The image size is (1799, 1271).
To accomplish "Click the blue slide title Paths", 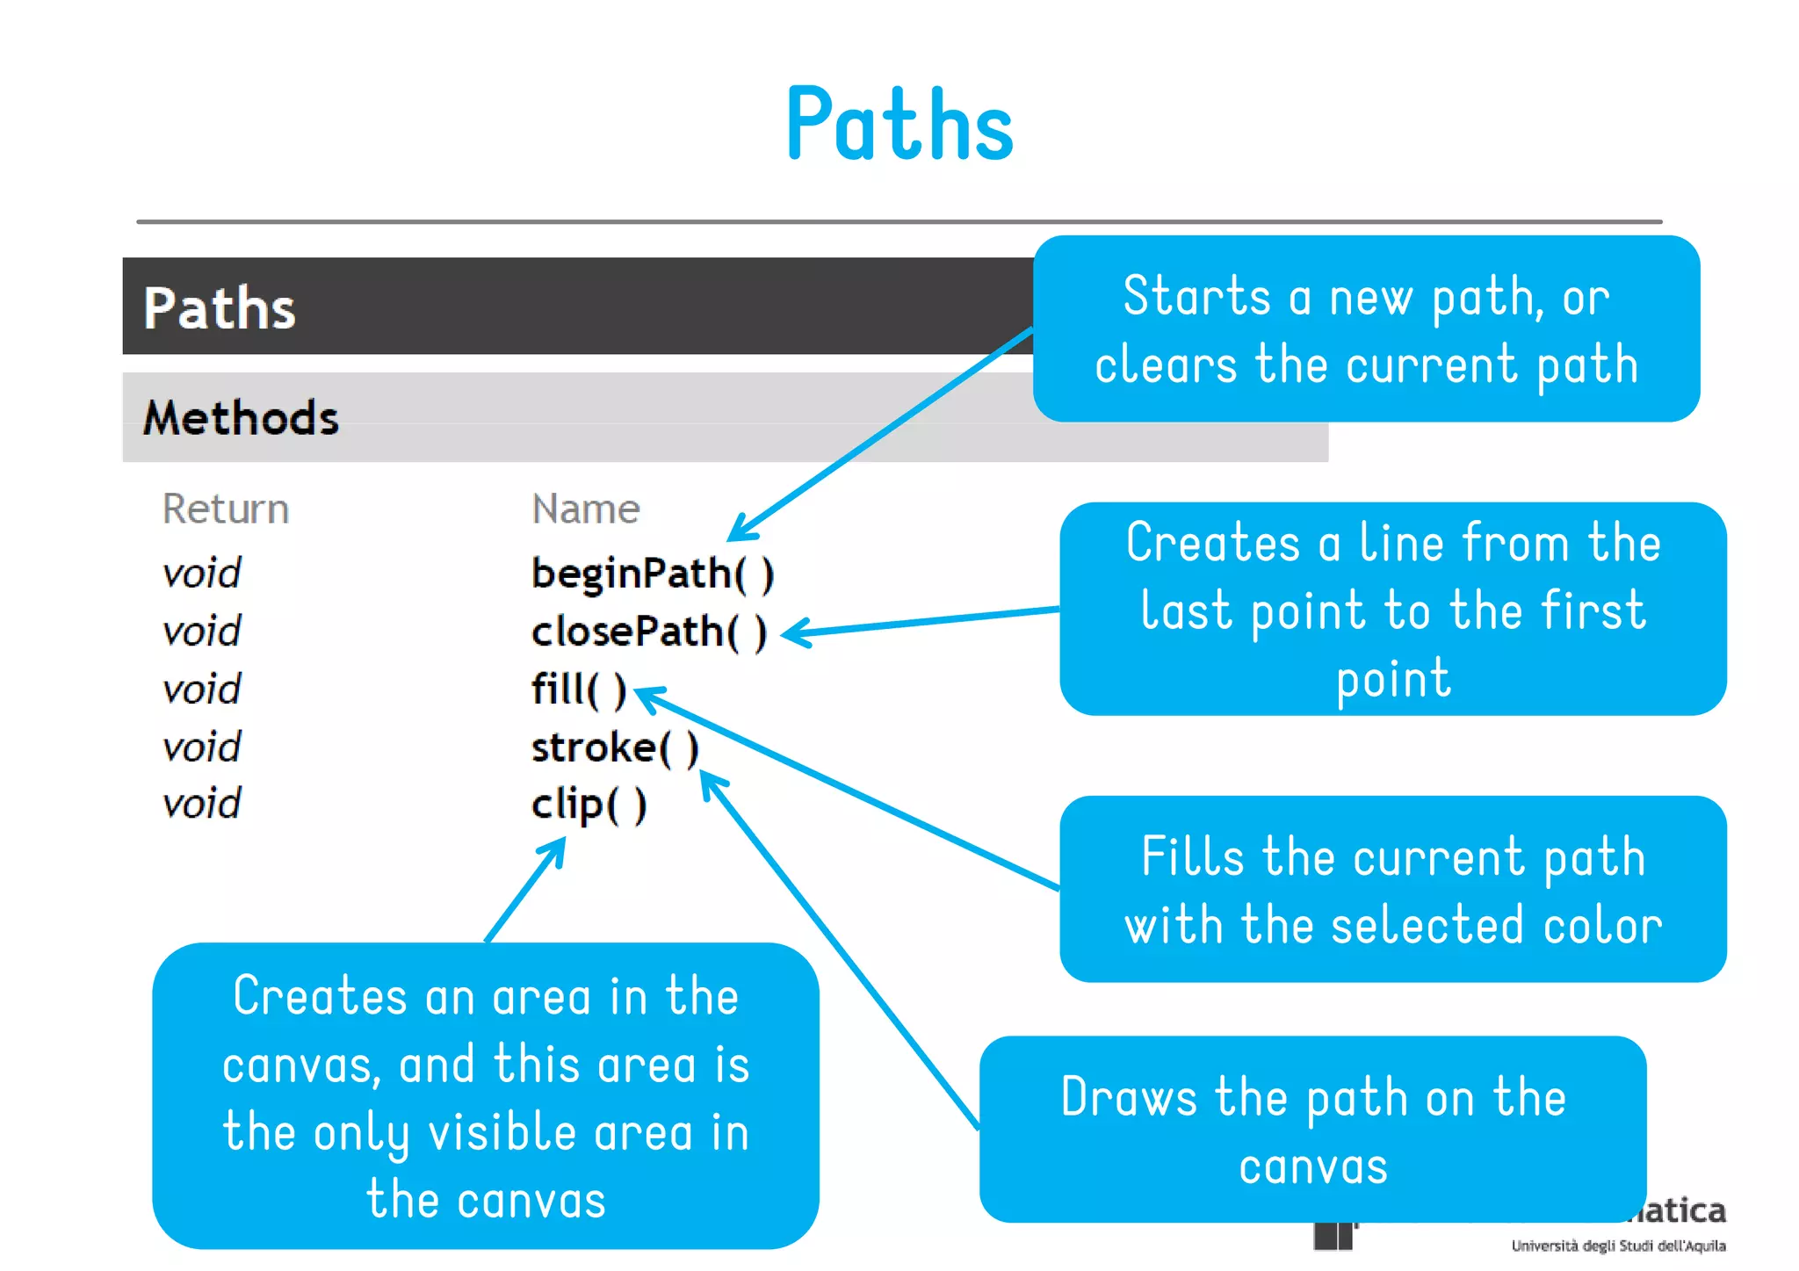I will click(899, 125).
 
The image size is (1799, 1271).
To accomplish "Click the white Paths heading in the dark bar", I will click(220, 308).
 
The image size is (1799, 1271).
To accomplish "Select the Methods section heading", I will click(241, 418).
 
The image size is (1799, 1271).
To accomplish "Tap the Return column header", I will click(226, 509).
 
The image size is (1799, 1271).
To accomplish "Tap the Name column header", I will click(586, 509).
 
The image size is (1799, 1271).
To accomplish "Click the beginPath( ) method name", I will click(653, 574).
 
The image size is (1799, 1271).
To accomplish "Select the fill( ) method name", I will click(579, 690).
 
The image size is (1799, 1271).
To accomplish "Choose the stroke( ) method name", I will click(615, 748).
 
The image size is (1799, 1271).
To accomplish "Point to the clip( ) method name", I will click(589, 805).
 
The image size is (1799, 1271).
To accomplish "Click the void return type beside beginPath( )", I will click(201, 574).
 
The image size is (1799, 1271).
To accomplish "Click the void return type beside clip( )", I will click(201, 805).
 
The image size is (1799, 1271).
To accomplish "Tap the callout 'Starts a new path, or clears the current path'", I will click(1366, 329).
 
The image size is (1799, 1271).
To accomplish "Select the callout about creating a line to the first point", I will click(1392, 610).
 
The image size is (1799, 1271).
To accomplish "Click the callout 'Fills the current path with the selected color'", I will click(1392, 890).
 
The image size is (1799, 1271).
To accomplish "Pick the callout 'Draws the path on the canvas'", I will click(1312, 1130).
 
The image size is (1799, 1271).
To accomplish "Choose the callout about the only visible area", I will click(486, 1096).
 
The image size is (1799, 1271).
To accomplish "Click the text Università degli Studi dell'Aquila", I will click(1618, 1246).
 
